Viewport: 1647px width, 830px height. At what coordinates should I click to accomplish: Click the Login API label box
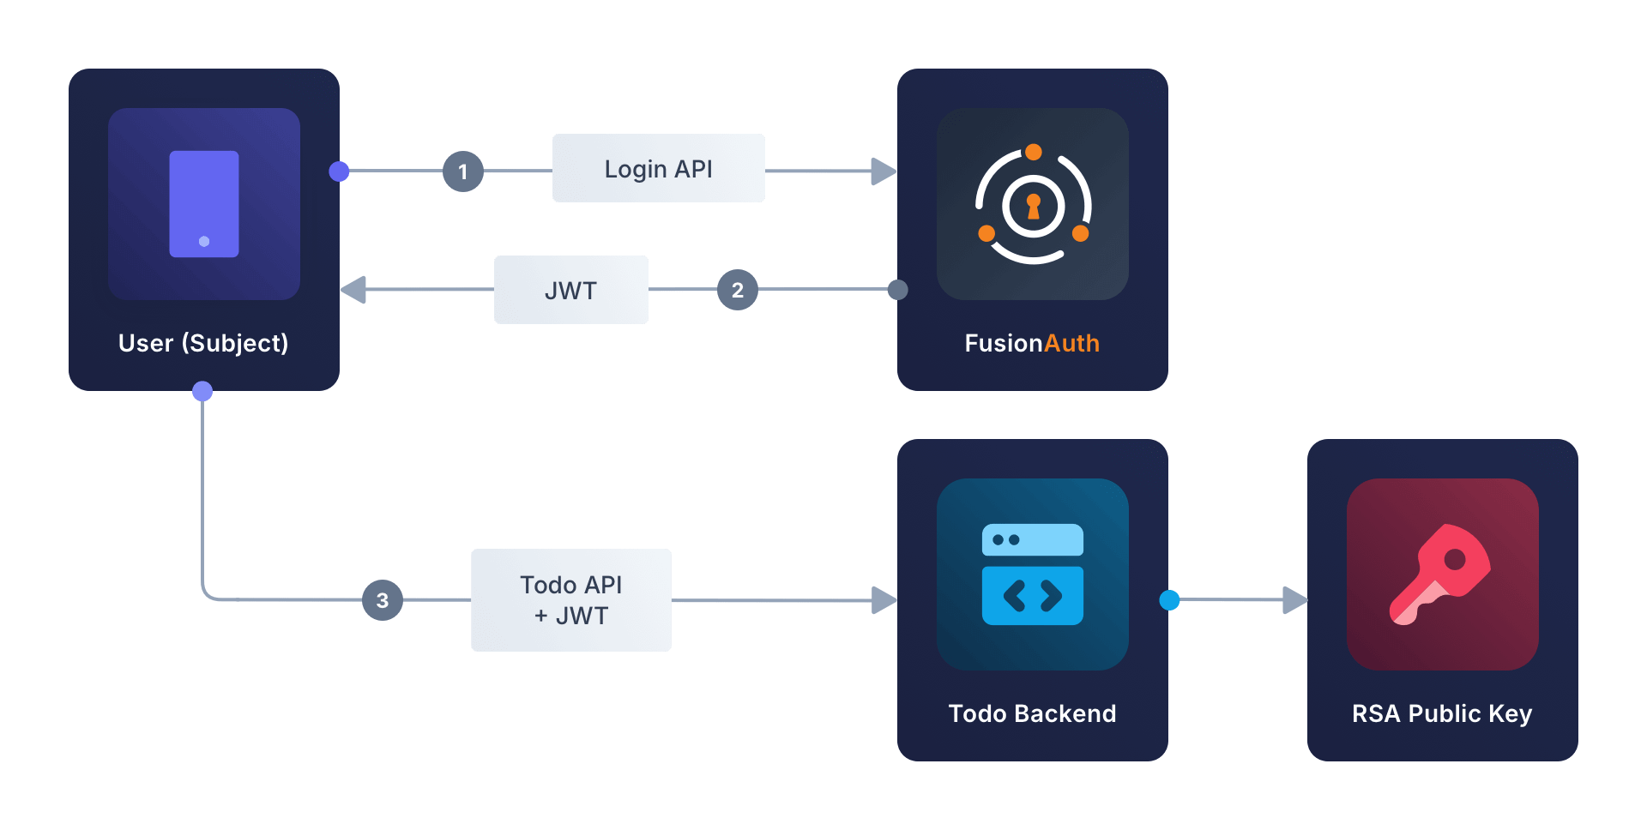tap(658, 168)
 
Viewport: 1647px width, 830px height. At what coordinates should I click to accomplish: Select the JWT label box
tap(570, 290)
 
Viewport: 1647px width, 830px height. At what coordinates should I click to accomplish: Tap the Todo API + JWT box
tap(570, 600)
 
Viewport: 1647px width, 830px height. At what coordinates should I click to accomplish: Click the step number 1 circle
tap(463, 171)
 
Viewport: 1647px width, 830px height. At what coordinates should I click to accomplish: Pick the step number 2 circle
tap(738, 290)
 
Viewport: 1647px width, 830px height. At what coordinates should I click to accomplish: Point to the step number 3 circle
tap(383, 600)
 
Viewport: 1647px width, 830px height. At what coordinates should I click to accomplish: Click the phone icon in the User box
tap(204, 204)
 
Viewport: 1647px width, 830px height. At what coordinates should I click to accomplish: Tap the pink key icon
tap(1441, 574)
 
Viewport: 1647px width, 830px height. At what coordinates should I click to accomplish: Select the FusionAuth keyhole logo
tap(1033, 206)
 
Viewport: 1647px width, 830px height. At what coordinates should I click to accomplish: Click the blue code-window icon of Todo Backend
tap(1033, 574)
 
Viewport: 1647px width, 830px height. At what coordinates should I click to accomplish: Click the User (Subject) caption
tap(203, 343)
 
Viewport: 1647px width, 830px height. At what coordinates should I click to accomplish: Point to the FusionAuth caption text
tap(1032, 343)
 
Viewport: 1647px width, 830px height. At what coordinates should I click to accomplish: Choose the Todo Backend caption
tap(1032, 713)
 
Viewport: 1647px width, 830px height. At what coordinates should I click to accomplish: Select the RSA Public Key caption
tap(1442, 713)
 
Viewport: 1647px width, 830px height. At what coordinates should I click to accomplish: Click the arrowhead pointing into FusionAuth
tap(884, 171)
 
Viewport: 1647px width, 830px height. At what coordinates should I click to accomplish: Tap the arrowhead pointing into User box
tap(353, 290)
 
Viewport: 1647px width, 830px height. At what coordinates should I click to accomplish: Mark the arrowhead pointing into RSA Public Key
tap(1294, 600)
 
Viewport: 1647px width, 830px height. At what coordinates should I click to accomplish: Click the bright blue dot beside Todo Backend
tap(1169, 600)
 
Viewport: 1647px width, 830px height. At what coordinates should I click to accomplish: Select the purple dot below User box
tap(202, 392)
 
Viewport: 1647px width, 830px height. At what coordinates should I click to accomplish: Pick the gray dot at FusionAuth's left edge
tap(897, 290)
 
